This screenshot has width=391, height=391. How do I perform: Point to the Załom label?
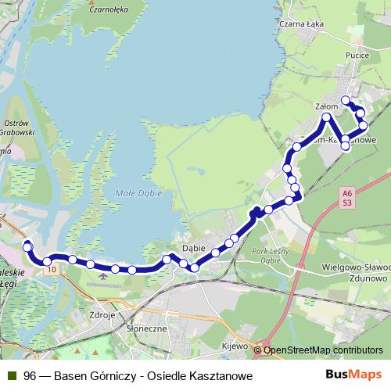[325, 105]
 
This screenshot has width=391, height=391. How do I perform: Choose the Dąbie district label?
[193, 248]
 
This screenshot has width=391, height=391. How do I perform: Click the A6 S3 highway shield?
[347, 197]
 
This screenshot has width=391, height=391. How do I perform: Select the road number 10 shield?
[52, 270]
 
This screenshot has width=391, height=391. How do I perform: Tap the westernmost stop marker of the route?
[27, 246]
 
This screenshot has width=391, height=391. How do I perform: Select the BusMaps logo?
[354, 375]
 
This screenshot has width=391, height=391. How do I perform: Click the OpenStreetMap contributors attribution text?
[323, 350]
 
